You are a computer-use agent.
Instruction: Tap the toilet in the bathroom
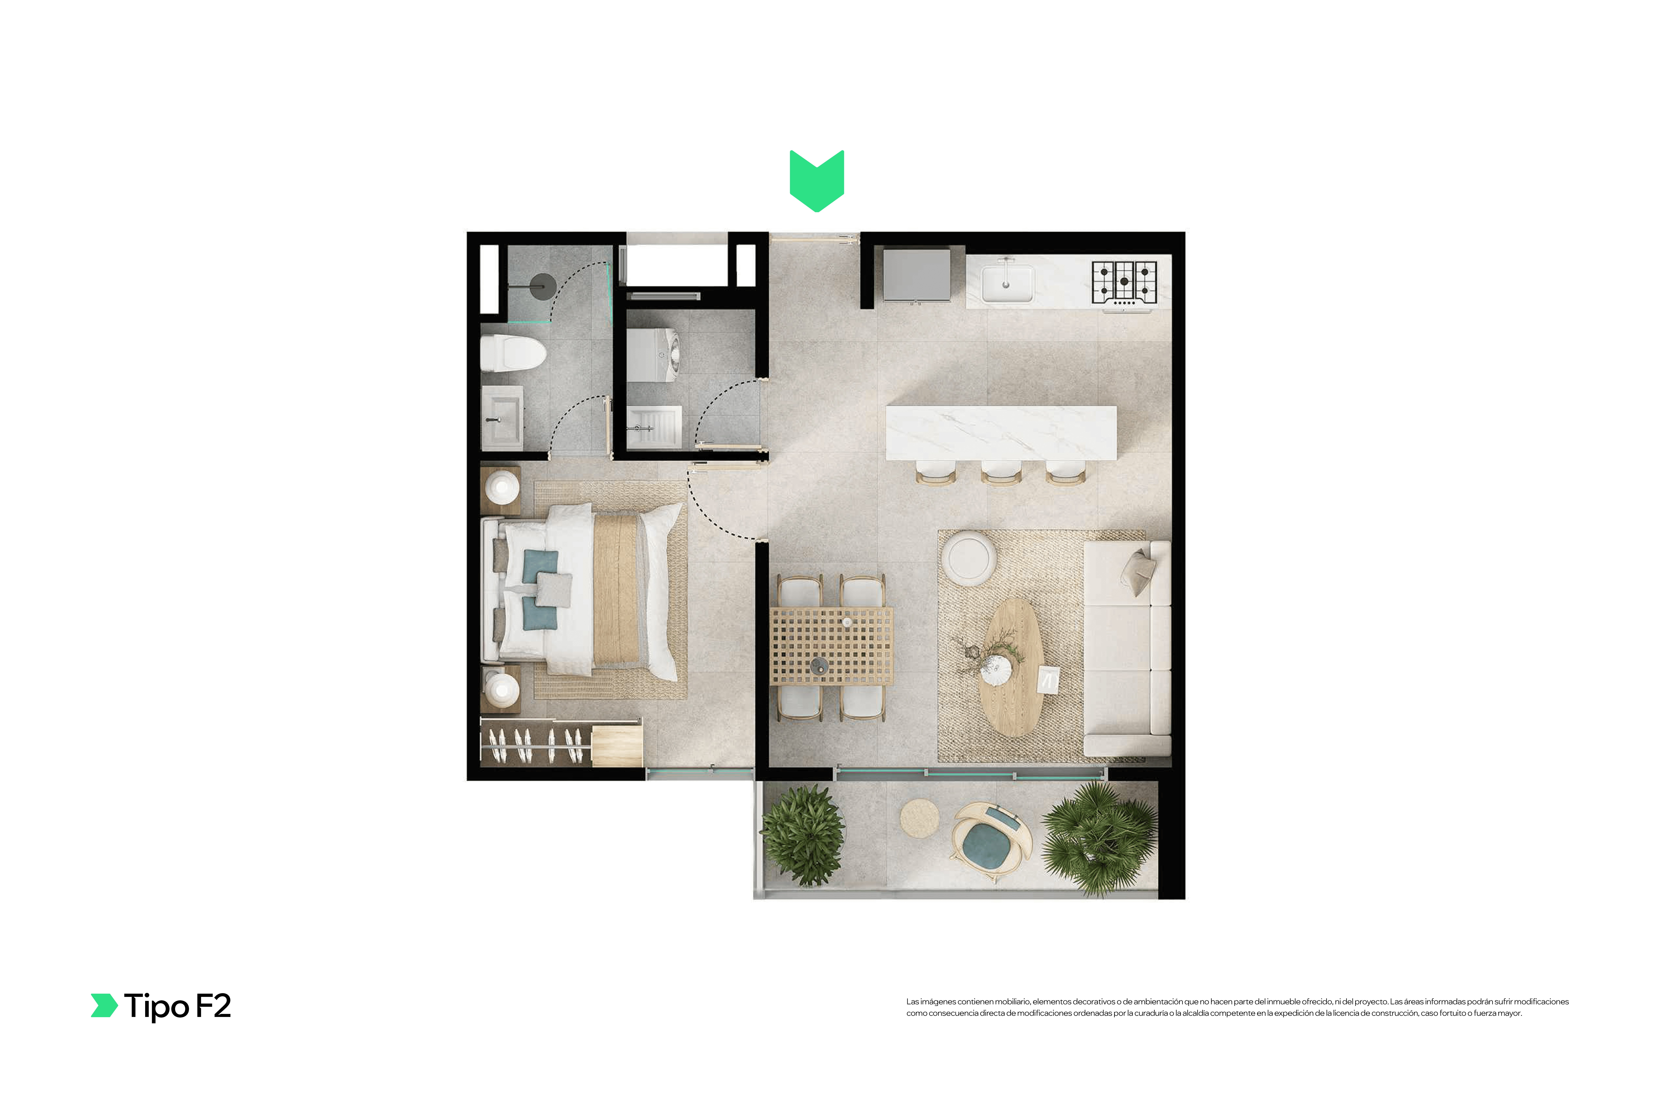coord(513,353)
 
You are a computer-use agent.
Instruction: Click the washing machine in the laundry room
coord(653,355)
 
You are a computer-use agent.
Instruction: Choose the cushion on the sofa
coord(1139,571)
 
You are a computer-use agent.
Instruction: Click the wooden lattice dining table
coord(831,646)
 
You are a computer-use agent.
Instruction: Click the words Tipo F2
coord(177,1006)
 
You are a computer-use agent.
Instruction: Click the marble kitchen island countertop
coord(1001,433)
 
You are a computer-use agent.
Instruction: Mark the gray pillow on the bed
coord(554,589)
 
